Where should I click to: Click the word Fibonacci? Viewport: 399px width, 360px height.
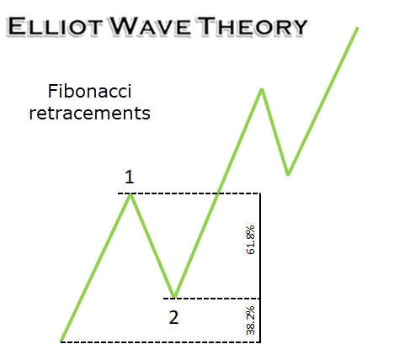pos(90,91)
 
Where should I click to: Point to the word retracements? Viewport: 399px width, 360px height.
pos(90,113)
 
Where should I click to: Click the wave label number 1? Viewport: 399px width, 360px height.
pos(130,177)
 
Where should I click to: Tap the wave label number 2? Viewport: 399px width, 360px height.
pos(173,318)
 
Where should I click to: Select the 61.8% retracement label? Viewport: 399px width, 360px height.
pos(250,240)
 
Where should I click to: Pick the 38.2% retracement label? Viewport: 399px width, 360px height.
pos(250,320)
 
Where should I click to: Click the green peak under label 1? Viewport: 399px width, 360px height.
pos(130,194)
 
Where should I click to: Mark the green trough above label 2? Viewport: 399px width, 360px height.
pos(174,296)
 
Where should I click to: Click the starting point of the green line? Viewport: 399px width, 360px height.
pos(61,341)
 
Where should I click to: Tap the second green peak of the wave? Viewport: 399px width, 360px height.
pos(262,90)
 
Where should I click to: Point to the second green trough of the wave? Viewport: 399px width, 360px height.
pos(288,174)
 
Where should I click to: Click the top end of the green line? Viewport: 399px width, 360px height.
pos(358,28)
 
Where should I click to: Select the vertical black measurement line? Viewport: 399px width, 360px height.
pos(260,267)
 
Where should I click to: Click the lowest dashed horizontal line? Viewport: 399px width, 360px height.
pos(161,342)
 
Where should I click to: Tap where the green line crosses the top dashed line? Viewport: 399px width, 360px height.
pos(218,193)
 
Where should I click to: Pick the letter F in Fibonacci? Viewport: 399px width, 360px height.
pos(51,91)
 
